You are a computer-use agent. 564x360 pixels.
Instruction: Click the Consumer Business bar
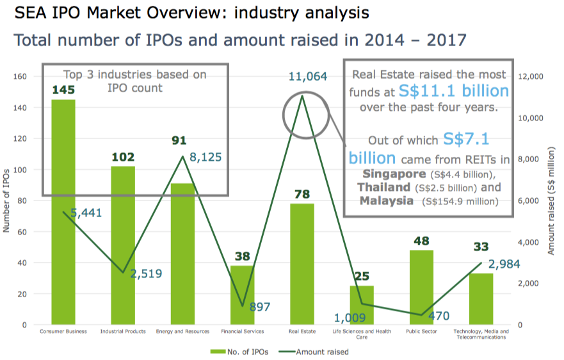point(63,211)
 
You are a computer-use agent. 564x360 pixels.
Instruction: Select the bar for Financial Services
point(243,295)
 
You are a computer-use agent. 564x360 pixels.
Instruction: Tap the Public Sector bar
point(421,287)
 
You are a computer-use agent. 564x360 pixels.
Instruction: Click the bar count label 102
point(123,157)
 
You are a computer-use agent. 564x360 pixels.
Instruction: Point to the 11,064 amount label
point(308,77)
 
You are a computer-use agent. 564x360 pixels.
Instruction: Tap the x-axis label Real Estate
point(302,332)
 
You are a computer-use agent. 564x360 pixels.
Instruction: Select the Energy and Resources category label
point(182,332)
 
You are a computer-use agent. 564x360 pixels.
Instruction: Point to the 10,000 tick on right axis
point(530,118)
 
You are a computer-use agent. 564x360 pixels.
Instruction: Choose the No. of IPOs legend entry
point(238,352)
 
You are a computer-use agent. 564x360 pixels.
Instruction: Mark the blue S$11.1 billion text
point(453,91)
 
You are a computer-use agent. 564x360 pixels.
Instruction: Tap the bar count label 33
point(481,247)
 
